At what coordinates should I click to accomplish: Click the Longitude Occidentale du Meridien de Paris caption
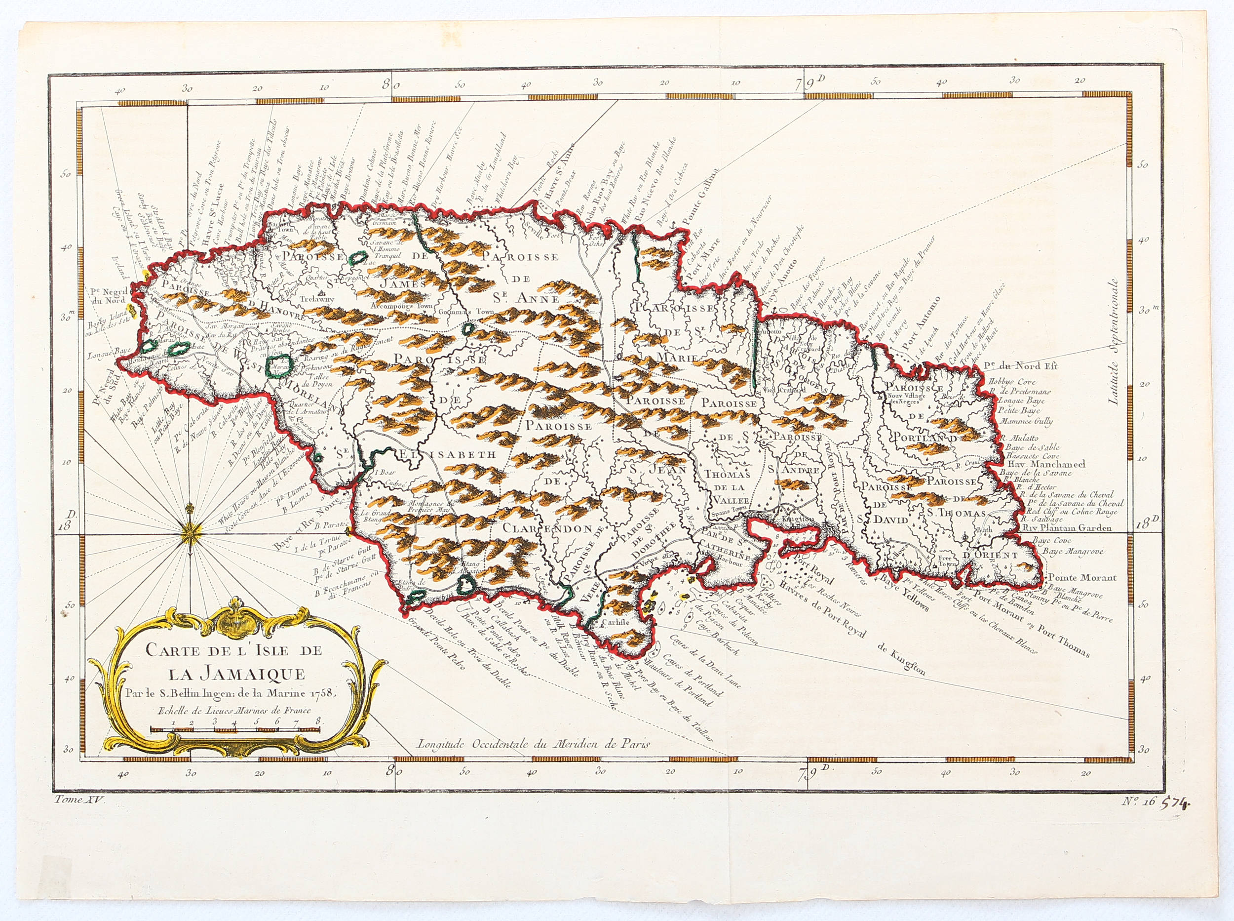534,744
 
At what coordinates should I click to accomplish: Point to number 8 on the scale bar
317,720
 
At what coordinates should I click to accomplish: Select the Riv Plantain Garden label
1067,527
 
